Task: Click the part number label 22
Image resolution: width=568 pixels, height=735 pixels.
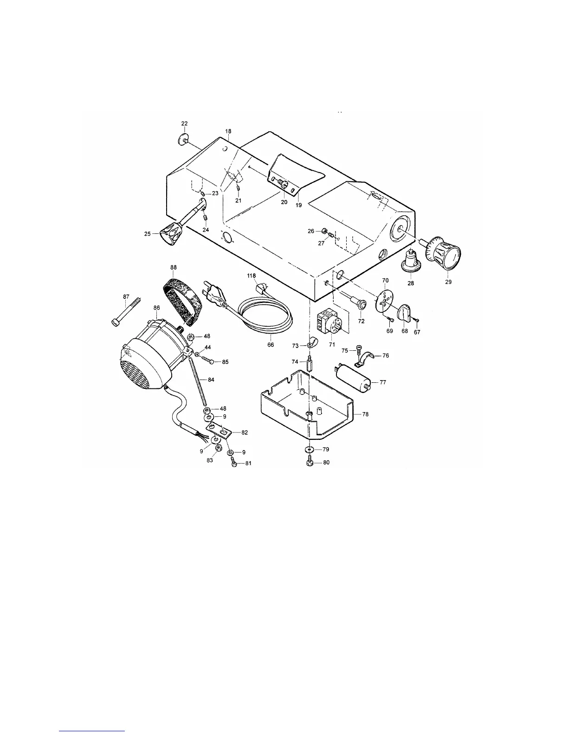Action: click(x=184, y=123)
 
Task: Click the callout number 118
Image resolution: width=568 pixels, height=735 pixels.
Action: click(x=252, y=276)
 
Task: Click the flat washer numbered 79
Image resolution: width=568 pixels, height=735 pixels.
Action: click(x=309, y=450)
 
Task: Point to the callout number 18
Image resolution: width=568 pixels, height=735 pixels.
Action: click(x=228, y=132)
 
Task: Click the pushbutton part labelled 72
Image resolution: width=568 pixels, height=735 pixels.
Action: click(x=359, y=304)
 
